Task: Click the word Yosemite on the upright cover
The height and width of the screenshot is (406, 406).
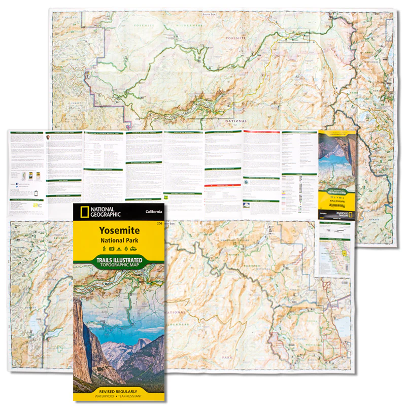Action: point(119,230)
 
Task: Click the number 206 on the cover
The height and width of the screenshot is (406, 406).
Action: point(159,223)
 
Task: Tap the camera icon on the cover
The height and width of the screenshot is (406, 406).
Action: point(112,249)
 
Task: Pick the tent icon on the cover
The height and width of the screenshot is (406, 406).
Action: point(119,249)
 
